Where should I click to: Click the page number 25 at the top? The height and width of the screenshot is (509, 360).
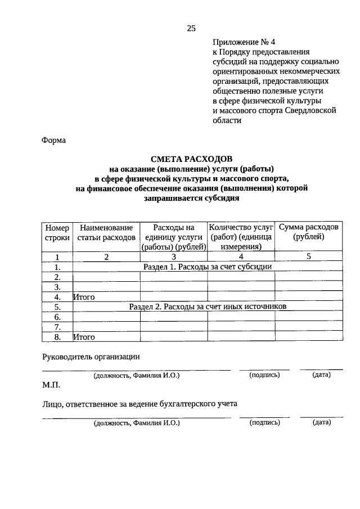191,29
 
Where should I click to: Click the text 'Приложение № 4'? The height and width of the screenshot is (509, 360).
246,42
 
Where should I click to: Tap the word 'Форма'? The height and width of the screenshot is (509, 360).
54,141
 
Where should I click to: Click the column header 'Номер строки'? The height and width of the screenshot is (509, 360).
57,233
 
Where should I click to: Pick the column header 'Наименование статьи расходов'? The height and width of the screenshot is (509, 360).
106,233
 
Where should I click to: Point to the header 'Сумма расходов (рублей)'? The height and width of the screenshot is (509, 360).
309,232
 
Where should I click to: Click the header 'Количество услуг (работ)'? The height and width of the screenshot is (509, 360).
241,237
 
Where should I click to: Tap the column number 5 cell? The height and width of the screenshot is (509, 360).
309,256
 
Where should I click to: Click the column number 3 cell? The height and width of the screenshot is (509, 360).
174,257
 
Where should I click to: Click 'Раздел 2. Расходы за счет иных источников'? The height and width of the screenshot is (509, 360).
208,307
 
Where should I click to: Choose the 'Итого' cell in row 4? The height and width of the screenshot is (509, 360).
84,297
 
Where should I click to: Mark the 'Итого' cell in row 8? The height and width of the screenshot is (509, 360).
84,337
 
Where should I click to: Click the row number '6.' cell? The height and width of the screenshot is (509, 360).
57,317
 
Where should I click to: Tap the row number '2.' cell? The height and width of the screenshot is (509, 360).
57,277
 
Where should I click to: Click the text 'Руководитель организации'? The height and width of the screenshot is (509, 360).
91,356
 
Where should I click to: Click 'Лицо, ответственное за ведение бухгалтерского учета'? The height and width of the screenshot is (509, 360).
140,403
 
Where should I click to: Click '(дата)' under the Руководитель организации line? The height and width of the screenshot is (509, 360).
321,375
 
